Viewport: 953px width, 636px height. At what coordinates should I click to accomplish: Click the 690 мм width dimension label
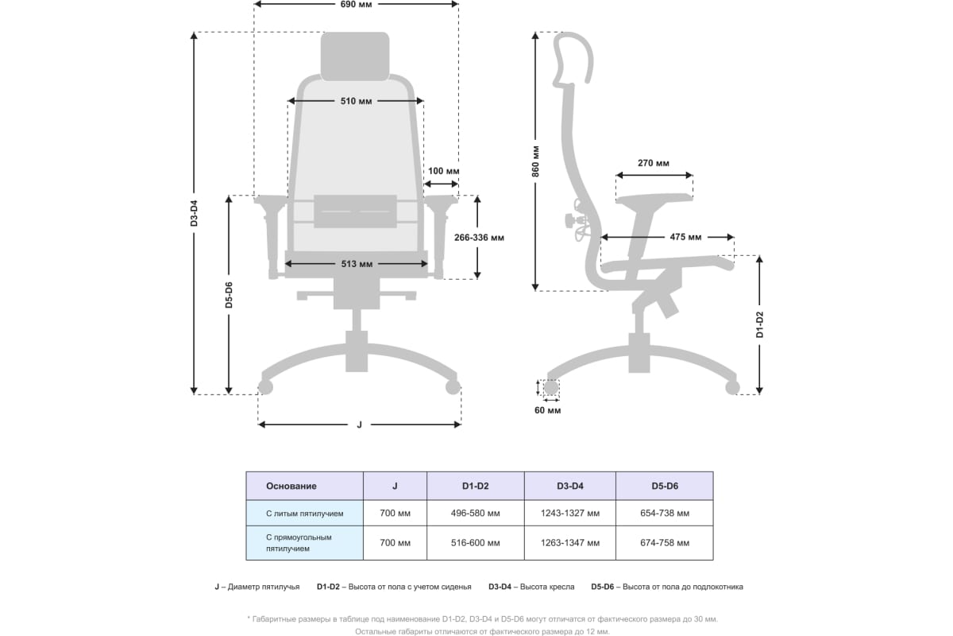[356, 4]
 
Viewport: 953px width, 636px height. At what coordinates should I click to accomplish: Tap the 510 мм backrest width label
[356, 102]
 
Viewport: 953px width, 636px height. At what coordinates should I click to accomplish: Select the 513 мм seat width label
[357, 264]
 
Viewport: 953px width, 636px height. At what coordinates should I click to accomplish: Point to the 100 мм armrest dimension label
[443, 171]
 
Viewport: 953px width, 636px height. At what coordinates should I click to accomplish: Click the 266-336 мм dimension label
[479, 238]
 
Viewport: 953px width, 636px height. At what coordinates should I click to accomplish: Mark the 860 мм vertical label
[535, 161]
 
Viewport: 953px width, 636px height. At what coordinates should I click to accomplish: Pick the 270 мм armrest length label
[654, 163]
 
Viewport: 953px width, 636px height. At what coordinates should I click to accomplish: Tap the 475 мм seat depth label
[685, 237]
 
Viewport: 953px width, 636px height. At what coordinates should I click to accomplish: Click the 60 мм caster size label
[547, 410]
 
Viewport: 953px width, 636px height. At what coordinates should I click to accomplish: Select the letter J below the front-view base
[360, 425]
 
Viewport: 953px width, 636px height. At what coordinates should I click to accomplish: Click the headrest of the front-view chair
[355, 56]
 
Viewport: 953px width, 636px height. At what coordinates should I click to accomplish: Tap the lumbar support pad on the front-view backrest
[355, 211]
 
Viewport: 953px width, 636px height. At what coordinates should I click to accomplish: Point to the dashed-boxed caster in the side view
[551, 388]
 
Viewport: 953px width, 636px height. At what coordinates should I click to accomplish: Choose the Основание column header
[291, 486]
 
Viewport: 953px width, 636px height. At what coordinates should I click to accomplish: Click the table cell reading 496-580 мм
[475, 514]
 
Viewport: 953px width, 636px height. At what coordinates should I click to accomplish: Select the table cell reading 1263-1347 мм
[570, 543]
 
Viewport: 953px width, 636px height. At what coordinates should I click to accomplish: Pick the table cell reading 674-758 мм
[665, 543]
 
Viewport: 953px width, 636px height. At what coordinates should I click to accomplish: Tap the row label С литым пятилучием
[305, 514]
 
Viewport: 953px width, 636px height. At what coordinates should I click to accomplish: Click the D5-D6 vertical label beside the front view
[229, 295]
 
